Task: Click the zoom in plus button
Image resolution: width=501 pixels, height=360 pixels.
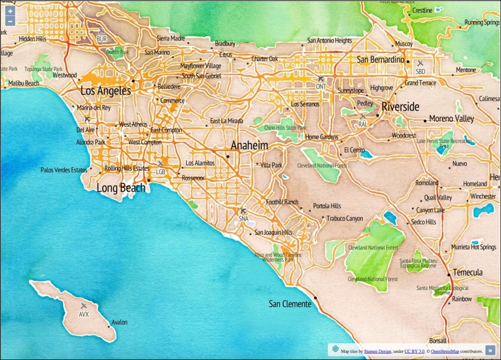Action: click(x=10, y=11)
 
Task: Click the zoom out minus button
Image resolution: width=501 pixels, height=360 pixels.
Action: click(x=10, y=22)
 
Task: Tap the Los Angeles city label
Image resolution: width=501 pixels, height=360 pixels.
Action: click(x=106, y=91)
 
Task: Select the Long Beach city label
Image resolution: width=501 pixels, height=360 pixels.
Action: click(x=121, y=188)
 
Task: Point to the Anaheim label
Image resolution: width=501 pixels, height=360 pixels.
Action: click(x=249, y=145)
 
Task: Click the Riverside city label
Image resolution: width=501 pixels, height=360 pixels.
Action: click(x=400, y=107)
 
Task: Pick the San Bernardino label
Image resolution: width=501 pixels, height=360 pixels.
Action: click(x=380, y=60)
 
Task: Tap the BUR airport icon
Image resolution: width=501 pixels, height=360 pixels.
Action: click(x=102, y=32)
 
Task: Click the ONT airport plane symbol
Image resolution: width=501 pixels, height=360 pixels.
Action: click(x=321, y=79)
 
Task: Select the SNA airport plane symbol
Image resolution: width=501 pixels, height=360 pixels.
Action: click(x=243, y=211)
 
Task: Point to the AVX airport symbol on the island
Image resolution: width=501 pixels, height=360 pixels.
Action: click(x=84, y=306)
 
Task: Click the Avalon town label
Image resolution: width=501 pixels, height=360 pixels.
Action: click(x=119, y=322)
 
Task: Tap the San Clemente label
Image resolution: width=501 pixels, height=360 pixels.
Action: click(x=290, y=304)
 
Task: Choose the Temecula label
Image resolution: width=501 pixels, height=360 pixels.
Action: click(x=467, y=272)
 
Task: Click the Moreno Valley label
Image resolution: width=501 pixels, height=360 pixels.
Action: click(x=451, y=119)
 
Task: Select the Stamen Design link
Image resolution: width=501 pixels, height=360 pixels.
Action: click(x=377, y=351)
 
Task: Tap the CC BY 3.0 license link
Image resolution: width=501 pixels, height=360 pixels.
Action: click(x=414, y=351)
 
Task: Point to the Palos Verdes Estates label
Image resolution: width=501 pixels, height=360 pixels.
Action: click(x=64, y=170)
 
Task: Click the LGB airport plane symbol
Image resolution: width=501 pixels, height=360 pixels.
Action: click(x=160, y=164)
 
